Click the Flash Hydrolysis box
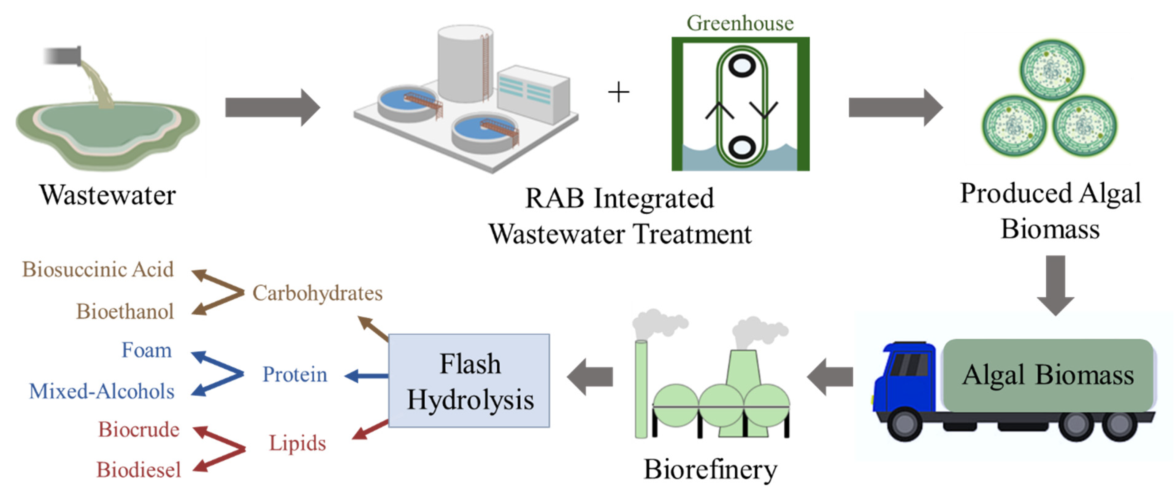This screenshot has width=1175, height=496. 469,381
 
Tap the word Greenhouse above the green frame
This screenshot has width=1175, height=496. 740,23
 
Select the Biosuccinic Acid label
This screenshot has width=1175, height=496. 98,269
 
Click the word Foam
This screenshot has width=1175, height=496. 147,350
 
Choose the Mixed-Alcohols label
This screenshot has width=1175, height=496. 102,391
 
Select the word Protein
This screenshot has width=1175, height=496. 295,374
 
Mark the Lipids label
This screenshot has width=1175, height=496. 297,443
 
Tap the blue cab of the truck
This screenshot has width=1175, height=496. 903,379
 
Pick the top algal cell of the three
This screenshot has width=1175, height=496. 1052,69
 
